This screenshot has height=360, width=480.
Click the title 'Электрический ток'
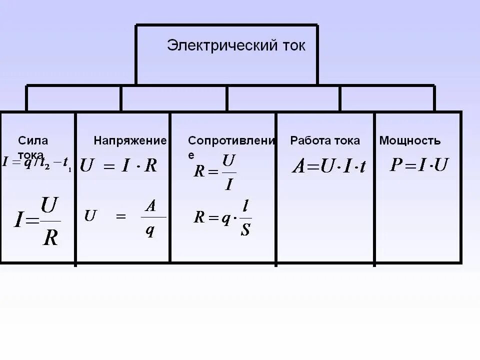tap(235, 45)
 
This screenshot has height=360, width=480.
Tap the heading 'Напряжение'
tap(130, 141)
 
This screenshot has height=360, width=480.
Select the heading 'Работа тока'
tap(324, 141)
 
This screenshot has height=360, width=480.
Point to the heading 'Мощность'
tap(409, 141)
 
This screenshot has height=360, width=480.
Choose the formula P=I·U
tap(418, 165)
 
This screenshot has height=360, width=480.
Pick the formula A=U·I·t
tap(328, 166)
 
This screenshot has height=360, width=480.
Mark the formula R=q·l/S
tap(223, 218)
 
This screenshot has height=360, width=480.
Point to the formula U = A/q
tap(125, 217)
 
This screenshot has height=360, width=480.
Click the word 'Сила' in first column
tap(33, 140)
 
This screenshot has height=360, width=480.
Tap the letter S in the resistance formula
tap(245, 230)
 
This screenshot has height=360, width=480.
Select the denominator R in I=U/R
tap(50, 237)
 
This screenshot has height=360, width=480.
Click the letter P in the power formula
tap(396, 165)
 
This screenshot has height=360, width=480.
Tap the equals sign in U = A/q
tap(120, 217)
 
